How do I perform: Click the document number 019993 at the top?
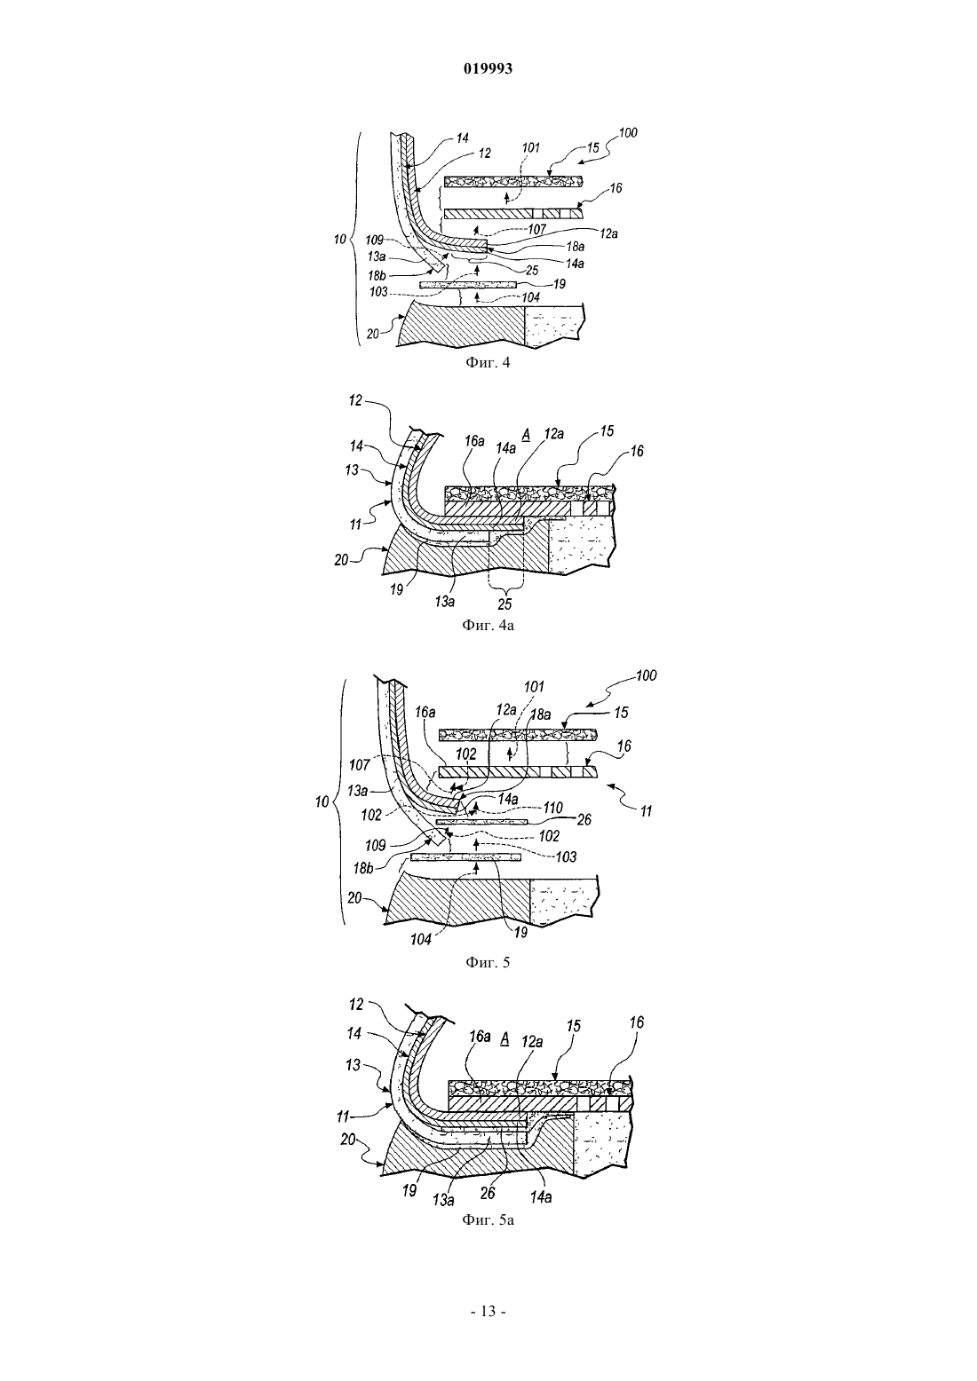488,69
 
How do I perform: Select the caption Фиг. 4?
488,362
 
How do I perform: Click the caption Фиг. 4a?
488,625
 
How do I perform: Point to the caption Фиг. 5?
488,962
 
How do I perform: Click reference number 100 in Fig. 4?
628,132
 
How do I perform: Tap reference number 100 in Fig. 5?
646,675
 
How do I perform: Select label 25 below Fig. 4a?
504,604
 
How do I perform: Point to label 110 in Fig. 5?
552,807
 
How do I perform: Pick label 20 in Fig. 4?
374,334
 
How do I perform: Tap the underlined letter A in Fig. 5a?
504,1038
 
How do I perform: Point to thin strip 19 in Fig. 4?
467,285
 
